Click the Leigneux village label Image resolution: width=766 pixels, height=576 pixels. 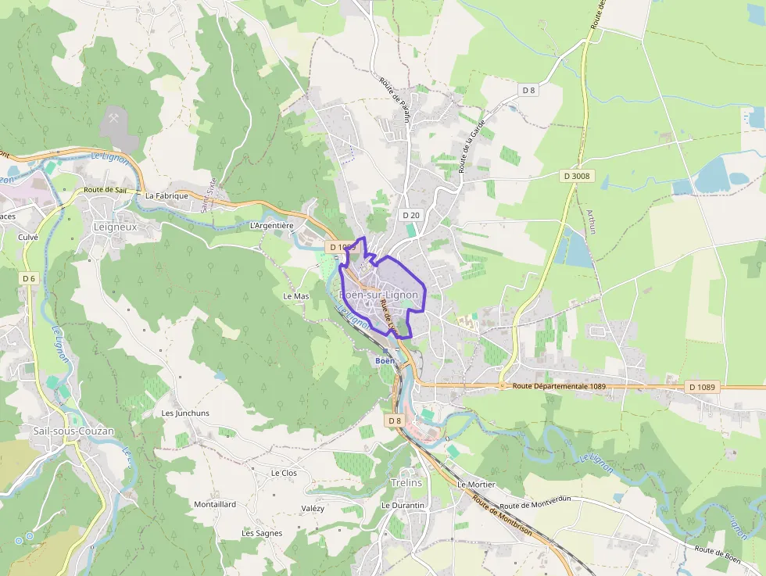tap(115, 227)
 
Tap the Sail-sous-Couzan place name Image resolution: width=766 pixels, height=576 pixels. tap(73, 431)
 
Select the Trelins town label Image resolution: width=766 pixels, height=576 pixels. tap(406, 482)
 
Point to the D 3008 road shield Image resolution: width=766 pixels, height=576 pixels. tap(577, 176)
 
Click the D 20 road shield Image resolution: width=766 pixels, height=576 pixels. tap(411, 214)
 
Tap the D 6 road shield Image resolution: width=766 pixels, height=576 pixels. tap(29, 278)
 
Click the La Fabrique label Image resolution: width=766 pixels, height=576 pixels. tap(166, 195)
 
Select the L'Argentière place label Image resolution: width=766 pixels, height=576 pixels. tap(271, 225)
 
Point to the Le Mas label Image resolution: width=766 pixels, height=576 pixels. tap(296, 296)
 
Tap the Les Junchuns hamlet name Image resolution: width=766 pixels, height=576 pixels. tap(185, 413)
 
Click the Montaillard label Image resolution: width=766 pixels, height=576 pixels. tap(215, 504)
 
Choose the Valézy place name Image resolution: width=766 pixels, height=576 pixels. tap(313, 508)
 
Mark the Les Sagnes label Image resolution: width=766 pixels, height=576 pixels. tap(262, 533)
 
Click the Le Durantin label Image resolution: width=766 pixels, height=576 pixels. tap(403, 506)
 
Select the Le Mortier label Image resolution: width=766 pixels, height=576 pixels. tap(476, 485)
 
